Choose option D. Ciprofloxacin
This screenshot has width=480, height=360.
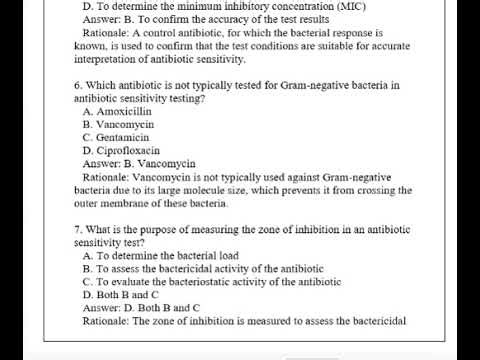122,150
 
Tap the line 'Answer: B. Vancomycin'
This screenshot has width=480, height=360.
138,163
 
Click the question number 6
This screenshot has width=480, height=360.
77,85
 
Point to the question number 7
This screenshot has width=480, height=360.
77,230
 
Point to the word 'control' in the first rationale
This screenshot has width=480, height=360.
149,33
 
